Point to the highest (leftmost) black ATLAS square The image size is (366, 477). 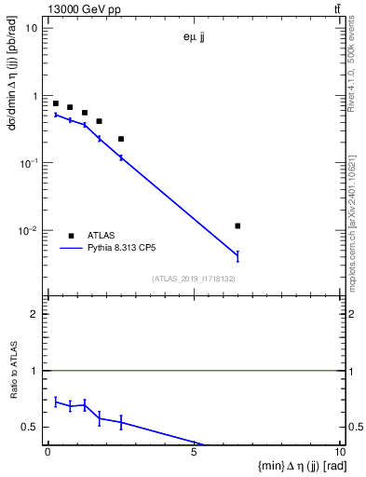click(x=56, y=103)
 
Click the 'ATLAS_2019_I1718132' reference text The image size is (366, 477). click(x=192, y=279)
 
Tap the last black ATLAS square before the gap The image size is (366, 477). click(x=121, y=139)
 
